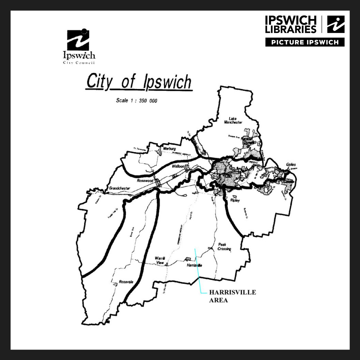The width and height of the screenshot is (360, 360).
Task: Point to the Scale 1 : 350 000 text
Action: [136, 101]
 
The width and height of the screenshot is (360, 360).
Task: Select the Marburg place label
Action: [170, 149]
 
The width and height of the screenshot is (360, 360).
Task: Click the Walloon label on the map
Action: [178, 167]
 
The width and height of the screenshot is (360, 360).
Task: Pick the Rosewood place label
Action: [145, 181]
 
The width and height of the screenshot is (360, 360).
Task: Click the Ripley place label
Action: [235, 200]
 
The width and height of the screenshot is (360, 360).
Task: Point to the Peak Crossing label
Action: [224, 247]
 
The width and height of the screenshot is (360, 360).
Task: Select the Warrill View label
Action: [160, 260]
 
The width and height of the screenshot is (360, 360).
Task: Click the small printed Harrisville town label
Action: [195, 265]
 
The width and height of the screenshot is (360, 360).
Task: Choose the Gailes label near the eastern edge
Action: [291, 165]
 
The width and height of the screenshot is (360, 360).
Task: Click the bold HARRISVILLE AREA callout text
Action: [232, 296]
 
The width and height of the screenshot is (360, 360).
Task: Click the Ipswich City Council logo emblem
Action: [78, 40]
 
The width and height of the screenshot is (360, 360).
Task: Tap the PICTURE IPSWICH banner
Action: [305, 42]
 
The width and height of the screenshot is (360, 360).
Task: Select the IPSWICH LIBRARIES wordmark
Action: [291, 24]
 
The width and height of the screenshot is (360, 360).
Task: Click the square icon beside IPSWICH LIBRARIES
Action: [335, 24]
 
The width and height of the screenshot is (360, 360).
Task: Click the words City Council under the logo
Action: [79, 63]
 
